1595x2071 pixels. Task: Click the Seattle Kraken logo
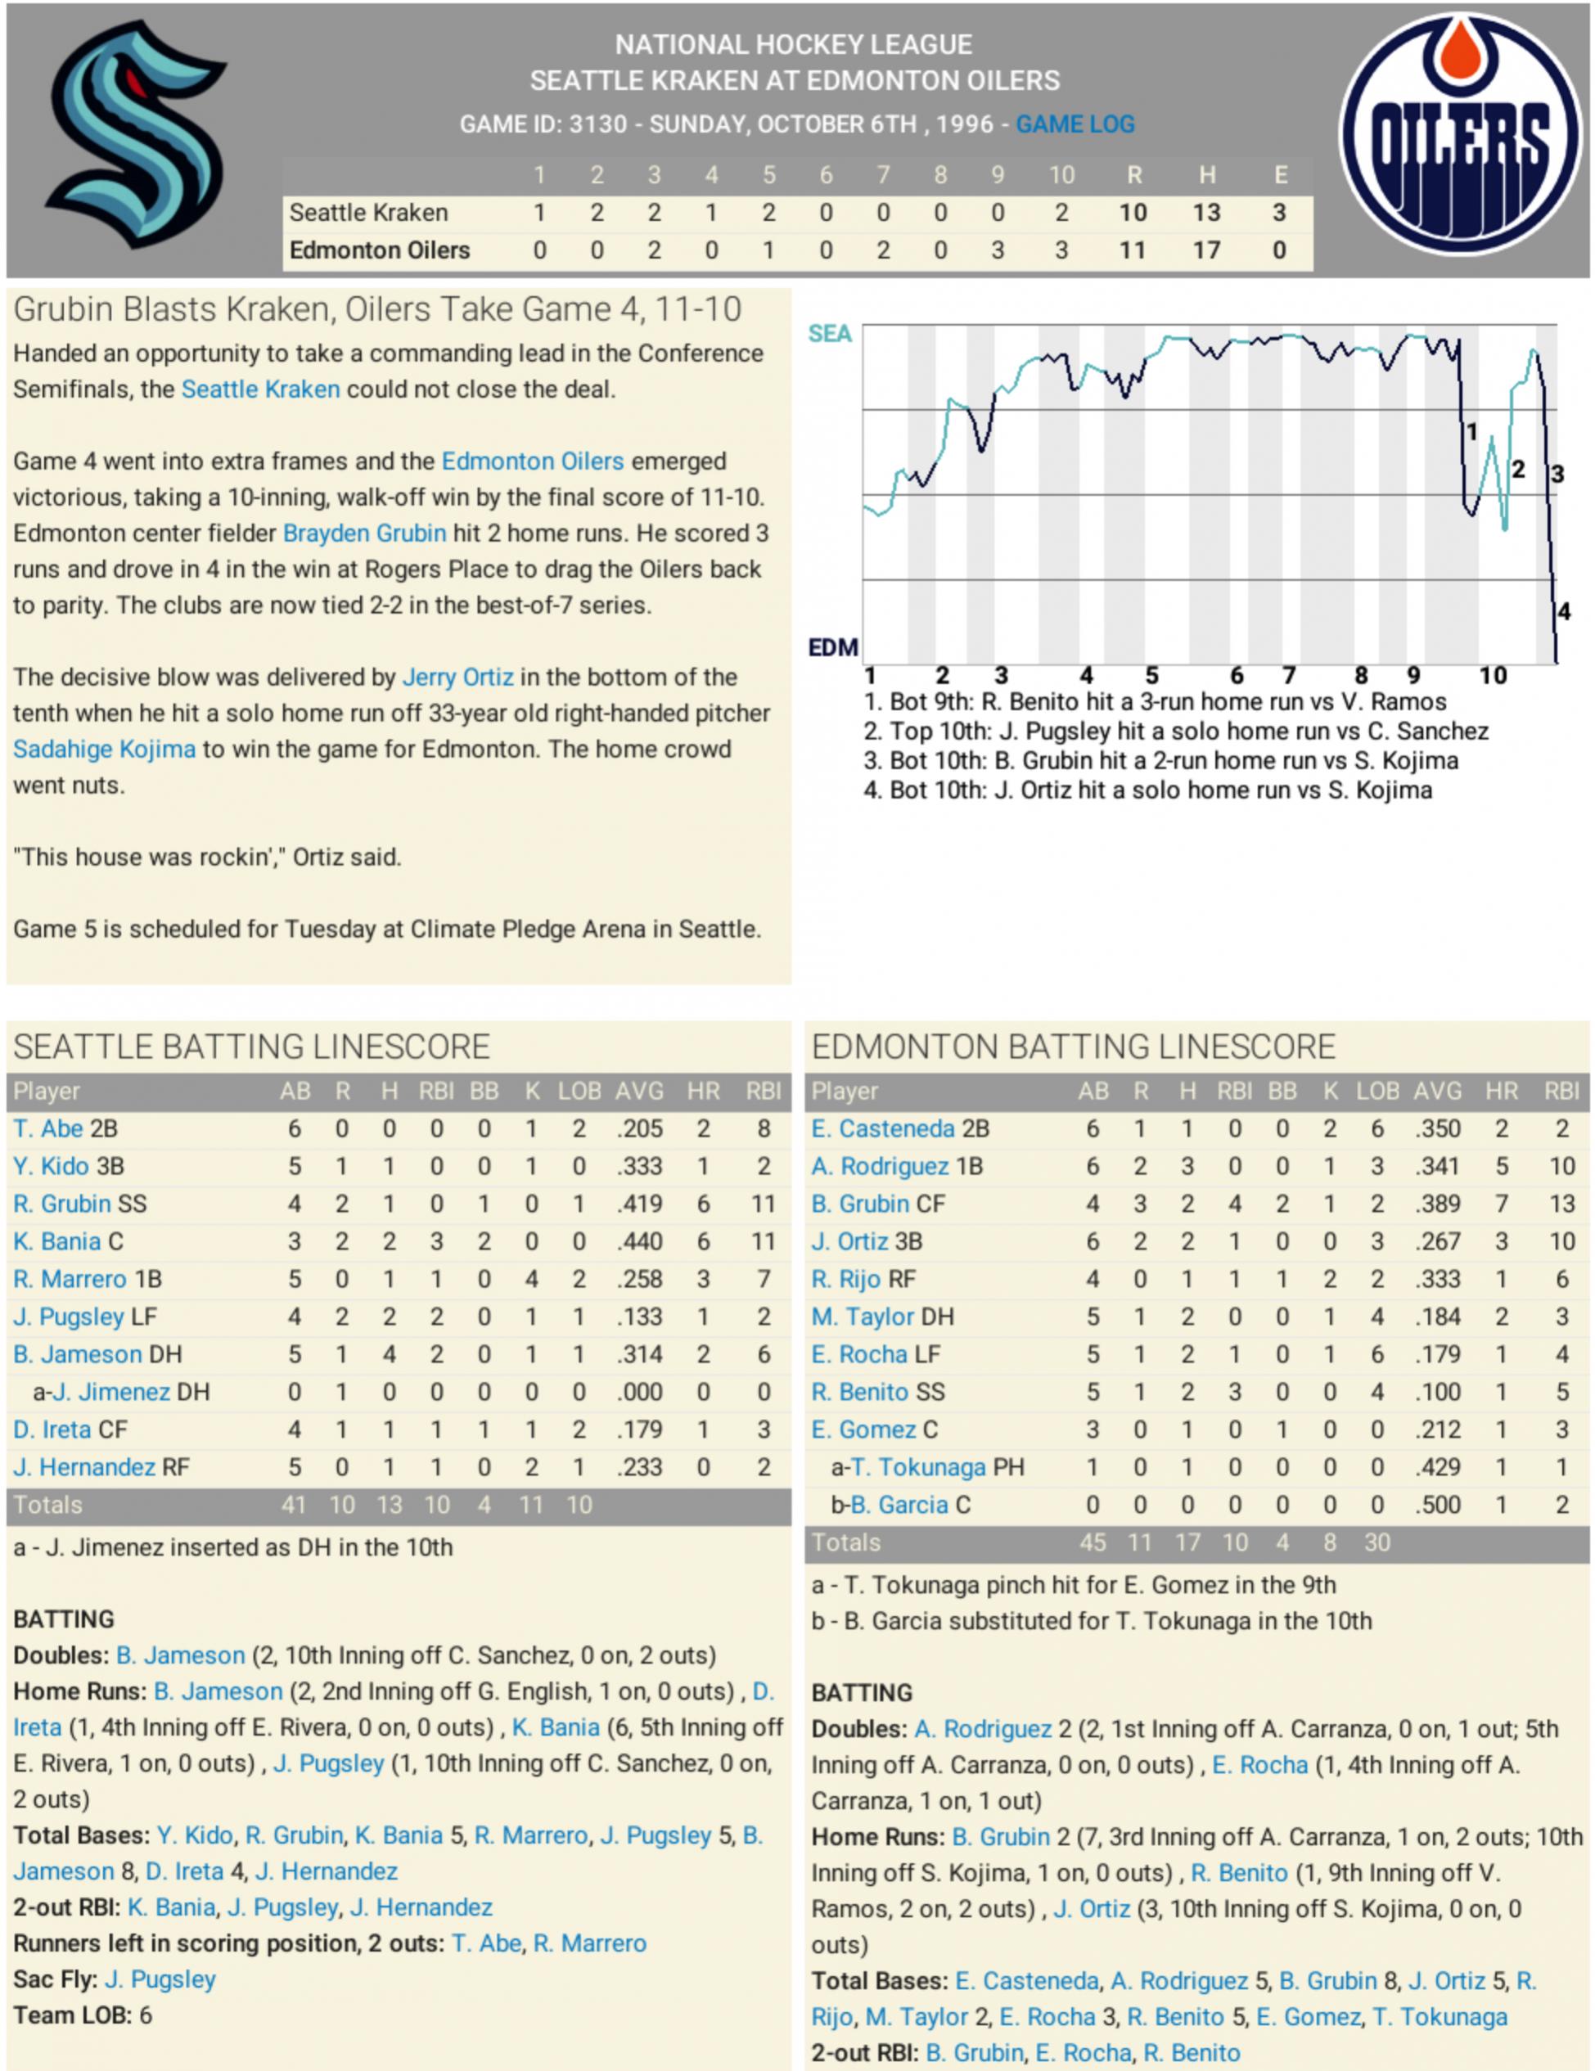tap(136, 135)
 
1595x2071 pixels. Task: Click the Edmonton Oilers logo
tap(1459, 135)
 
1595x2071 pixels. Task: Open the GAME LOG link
tap(1075, 124)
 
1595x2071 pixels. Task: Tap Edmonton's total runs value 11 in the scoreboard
tap(1133, 250)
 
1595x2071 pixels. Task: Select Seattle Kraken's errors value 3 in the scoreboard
tap(1278, 213)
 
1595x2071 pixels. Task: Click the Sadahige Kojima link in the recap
tap(104, 750)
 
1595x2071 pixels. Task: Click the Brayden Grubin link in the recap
tap(364, 533)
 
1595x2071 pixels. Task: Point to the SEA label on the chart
tap(830, 334)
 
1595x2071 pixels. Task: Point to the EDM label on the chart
tap(832, 648)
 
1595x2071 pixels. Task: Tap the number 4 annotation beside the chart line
tap(1564, 611)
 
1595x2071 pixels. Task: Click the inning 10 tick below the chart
tap(1493, 675)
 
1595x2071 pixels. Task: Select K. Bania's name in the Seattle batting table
tap(57, 1241)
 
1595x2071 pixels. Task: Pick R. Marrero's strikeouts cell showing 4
tap(531, 1279)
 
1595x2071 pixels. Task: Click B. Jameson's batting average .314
tap(639, 1354)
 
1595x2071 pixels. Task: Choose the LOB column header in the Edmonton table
tap(1376, 1092)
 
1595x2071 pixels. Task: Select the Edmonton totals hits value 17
tap(1187, 1543)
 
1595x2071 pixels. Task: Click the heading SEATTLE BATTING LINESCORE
tap(251, 1047)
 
